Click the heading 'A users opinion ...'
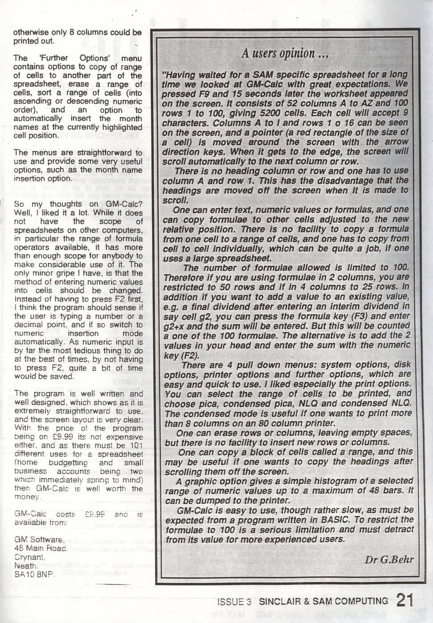(x=285, y=54)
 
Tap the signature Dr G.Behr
(x=389, y=559)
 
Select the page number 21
(x=405, y=600)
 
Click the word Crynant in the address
(x=29, y=557)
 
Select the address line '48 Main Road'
(x=41, y=548)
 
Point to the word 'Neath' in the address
(x=25, y=566)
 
